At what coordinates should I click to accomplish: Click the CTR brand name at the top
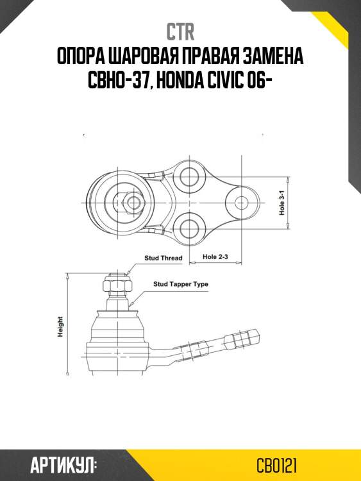coord(180,31)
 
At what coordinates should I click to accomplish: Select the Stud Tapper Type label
coord(180,283)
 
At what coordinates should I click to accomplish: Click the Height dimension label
coord(60,327)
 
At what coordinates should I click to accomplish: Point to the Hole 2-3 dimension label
coord(215,257)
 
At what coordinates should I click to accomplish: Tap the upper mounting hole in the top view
coord(190,176)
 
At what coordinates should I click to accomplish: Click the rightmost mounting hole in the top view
coord(241,202)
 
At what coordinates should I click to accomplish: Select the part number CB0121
coord(276,463)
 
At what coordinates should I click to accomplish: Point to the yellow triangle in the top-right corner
coord(343,26)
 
